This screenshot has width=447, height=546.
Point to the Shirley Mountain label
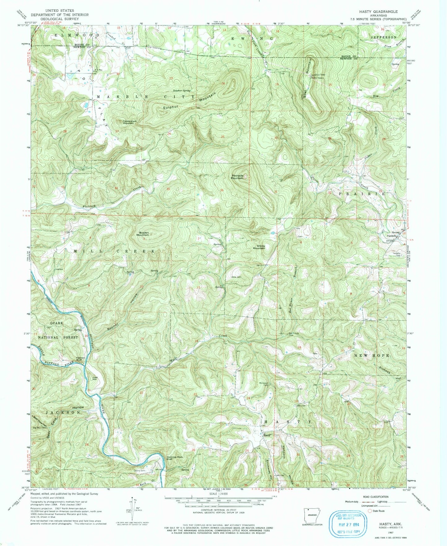259,247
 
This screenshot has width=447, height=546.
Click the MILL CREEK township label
114,251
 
